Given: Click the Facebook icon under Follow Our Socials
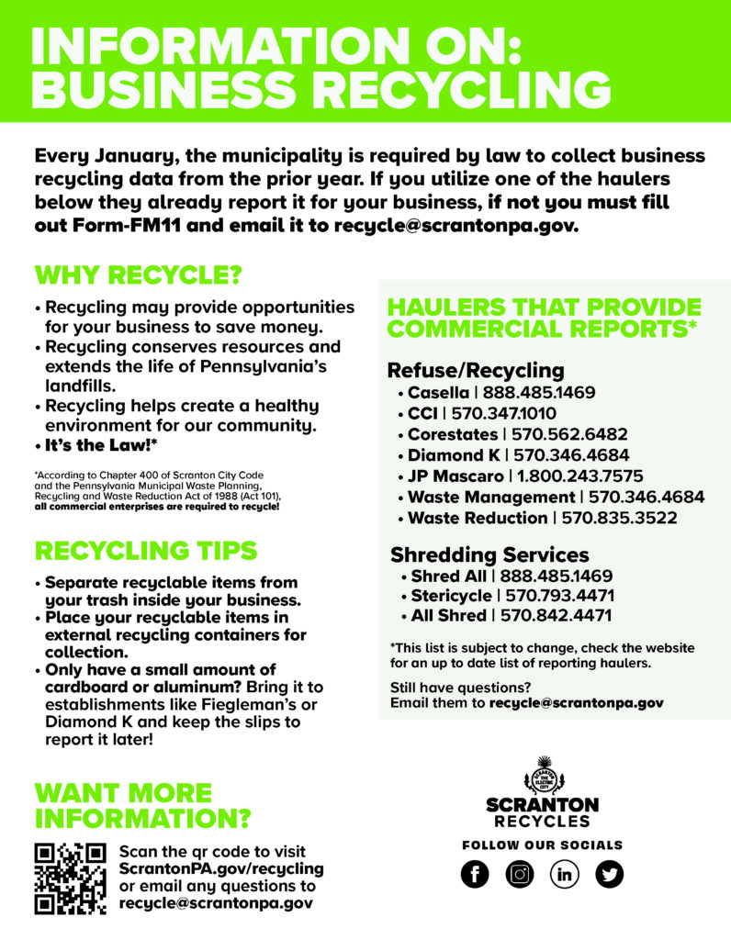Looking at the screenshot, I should (x=475, y=875).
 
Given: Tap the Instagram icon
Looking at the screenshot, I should (x=519, y=875).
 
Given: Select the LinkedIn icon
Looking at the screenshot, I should (x=564, y=875).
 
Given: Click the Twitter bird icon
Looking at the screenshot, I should (x=609, y=875).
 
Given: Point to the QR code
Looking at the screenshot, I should (x=70, y=878).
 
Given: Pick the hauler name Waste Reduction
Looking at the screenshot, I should (x=477, y=518).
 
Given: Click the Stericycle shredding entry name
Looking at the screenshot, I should (x=451, y=596).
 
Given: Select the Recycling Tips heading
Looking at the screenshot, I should (x=145, y=551).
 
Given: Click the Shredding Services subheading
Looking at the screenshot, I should (x=489, y=555).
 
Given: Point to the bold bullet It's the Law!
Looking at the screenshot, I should (x=102, y=445).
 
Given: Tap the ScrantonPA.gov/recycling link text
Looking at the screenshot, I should (x=221, y=868).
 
